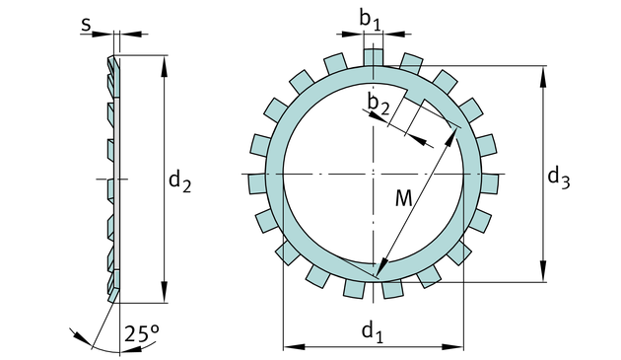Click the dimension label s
pos(86,25)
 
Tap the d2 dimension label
pos(179,181)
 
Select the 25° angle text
pos(142,333)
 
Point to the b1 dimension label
pos(370,20)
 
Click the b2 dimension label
pos(379,104)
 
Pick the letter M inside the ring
pos(404,198)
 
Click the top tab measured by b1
pos(374,57)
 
